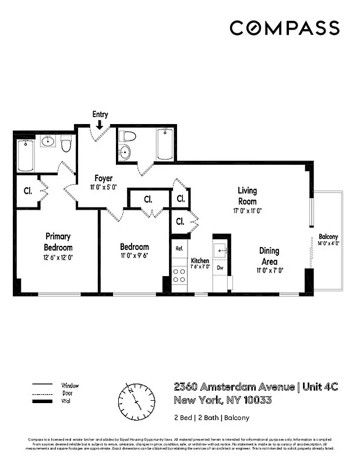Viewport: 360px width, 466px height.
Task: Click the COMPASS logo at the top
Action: click(284, 28)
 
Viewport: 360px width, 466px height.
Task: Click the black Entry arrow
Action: click(100, 124)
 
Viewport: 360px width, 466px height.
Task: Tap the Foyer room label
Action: click(104, 178)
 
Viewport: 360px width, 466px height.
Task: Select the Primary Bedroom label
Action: click(58, 241)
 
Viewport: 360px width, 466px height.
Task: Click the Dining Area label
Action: click(269, 255)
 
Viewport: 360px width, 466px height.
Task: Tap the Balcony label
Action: click(328, 236)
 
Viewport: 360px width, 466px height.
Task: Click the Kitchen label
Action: click(200, 260)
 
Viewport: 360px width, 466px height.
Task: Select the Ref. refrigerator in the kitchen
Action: click(180, 249)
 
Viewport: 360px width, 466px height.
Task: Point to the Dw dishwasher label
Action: click(220, 267)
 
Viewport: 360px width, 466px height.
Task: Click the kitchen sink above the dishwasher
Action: click(221, 250)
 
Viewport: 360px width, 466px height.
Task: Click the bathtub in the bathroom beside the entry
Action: click(165, 144)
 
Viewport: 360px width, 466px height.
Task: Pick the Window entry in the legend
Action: click(70, 386)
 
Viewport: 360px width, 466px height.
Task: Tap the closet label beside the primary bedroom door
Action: click(27, 190)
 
